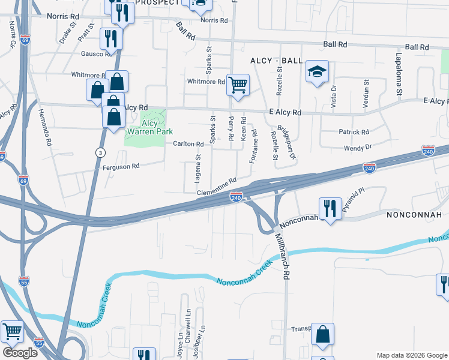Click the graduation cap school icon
[317, 71]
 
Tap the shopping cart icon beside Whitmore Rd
[238, 85]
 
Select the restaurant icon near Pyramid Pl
[330, 208]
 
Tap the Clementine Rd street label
[217, 185]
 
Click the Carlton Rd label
[189, 144]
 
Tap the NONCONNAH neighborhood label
[414, 215]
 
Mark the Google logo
[20, 353]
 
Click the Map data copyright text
[411, 355]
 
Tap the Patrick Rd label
[354, 132]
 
